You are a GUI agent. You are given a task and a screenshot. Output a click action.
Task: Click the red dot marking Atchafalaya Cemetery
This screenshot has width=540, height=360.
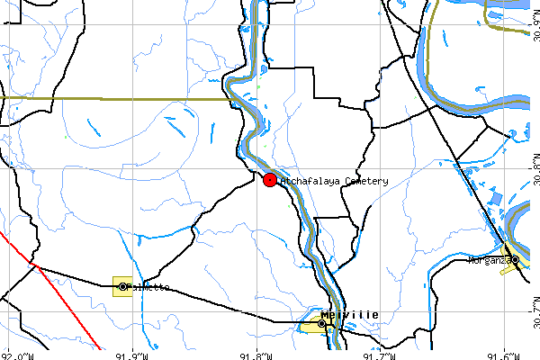pos(270,180)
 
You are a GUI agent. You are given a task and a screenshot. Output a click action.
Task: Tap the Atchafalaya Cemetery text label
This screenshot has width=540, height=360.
pos(335,181)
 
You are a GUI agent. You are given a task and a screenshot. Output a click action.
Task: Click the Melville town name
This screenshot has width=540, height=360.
pos(351,314)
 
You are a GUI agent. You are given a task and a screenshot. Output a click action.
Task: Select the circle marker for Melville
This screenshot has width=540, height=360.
pos(321,323)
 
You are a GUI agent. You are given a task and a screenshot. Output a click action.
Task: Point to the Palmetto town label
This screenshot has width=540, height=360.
pos(148,287)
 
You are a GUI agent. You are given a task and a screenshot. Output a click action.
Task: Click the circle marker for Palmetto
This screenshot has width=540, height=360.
pos(122,287)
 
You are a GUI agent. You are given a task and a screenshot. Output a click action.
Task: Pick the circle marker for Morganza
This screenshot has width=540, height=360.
pos(516,259)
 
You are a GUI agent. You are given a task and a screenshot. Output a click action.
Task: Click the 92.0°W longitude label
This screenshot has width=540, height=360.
pos(18,355)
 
